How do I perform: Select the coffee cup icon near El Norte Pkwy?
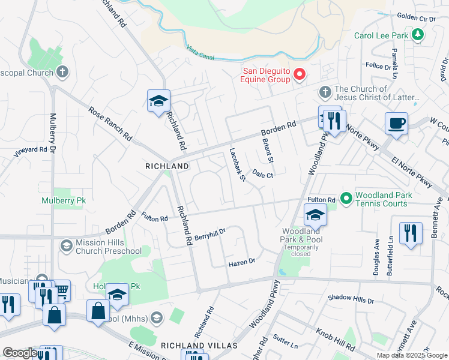(x=397, y=124)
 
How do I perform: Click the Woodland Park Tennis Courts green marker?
(x=346, y=197)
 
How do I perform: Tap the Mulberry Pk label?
(x=64, y=201)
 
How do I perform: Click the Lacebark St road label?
(x=237, y=165)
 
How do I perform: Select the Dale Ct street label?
(x=263, y=175)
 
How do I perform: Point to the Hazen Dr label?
(x=243, y=262)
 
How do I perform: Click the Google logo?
(x=20, y=353)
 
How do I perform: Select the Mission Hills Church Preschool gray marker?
(x=66, y=245)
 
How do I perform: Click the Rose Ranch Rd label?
(x=110, y=124)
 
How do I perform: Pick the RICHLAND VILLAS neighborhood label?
(x=199, y=346)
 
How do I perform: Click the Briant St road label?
(x=268, y=151)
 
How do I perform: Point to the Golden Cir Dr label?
(x=416, y=19)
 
